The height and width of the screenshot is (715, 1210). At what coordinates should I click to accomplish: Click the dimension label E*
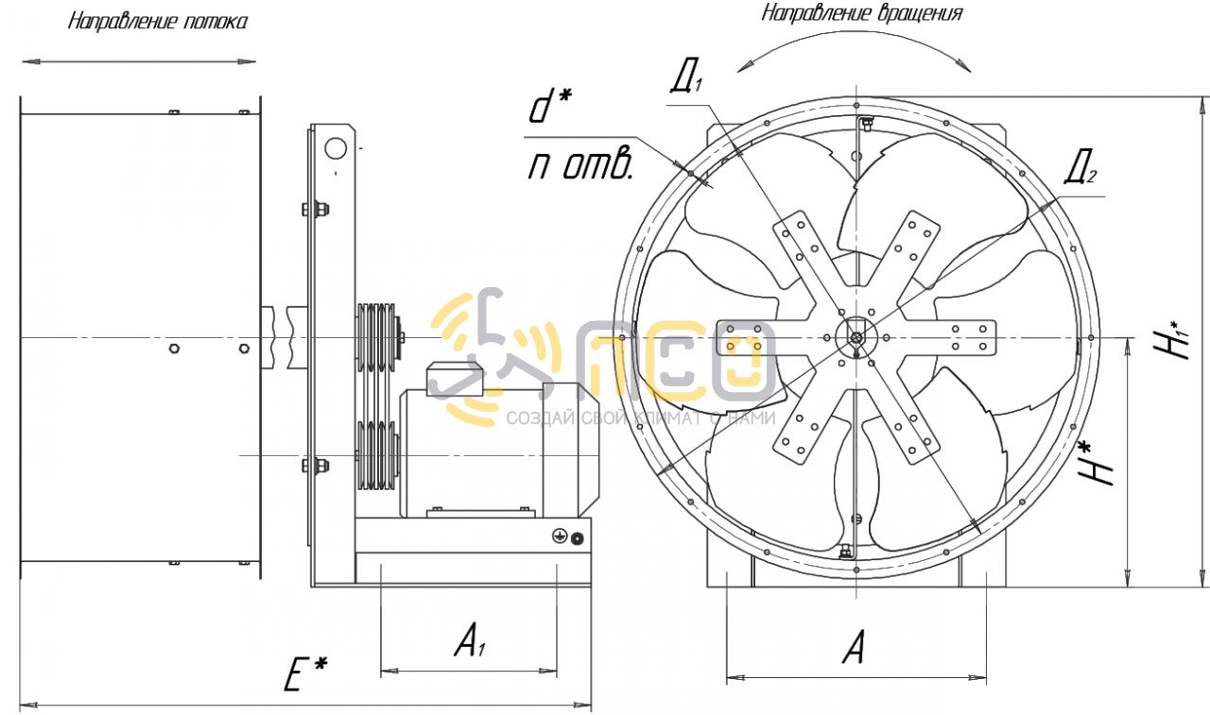pos(305,673)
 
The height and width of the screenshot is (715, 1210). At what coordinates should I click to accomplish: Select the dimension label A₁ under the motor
pos(470,640)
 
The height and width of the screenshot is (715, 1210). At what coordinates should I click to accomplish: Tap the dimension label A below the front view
pos(854,646)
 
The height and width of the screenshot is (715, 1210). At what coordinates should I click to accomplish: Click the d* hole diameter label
pos(549,107)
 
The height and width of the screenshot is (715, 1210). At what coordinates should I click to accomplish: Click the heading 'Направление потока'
pos(158,22)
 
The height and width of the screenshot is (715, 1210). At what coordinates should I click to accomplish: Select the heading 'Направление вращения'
pos(862,13)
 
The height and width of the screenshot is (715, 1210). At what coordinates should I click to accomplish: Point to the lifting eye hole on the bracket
pos(336,148)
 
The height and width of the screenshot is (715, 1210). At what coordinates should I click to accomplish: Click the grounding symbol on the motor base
pos(559,536)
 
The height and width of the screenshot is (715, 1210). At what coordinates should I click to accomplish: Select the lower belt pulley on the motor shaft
pos(377,456)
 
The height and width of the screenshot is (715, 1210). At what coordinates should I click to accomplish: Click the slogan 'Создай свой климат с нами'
pos(641,417)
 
